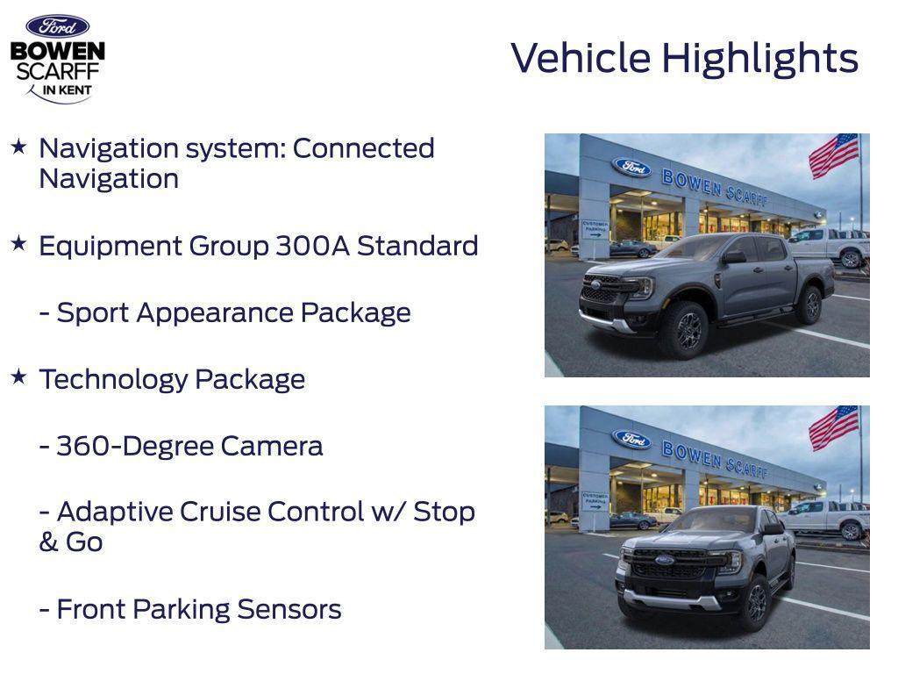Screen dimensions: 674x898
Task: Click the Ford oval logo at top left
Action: click(x=57, y=26)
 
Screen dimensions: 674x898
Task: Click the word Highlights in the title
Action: click(x=759, y=59)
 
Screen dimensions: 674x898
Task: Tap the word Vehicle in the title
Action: click(x=581, y=58)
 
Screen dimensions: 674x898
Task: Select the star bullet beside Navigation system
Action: click(x=18, y=146)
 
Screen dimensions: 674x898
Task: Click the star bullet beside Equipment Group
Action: click(x=18, y=243)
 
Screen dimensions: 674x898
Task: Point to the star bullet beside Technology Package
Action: click(x=18, y=376)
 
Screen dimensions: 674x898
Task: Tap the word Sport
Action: click(x=93, y=313)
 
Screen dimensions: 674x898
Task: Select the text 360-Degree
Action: click(x=135, y=446)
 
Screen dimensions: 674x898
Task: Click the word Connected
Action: click(x=363, y=148)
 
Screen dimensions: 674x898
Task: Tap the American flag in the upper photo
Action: click(x=832, y=155)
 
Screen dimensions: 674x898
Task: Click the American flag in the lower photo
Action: click(x=832, y=427)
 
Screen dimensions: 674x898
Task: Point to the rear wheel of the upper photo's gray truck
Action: click(x=809, y=305)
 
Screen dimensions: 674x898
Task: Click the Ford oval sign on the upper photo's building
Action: click(x=631, y=167)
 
